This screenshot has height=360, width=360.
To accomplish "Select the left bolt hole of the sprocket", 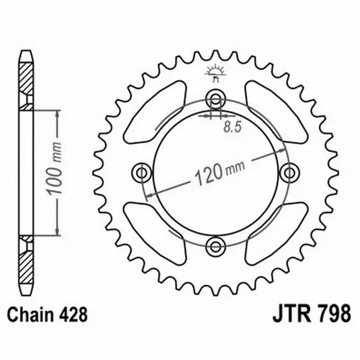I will pyautogui.click(x=142, y=172).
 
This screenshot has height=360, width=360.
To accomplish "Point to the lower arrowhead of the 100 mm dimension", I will pyautogui.click(x=57, y=233).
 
